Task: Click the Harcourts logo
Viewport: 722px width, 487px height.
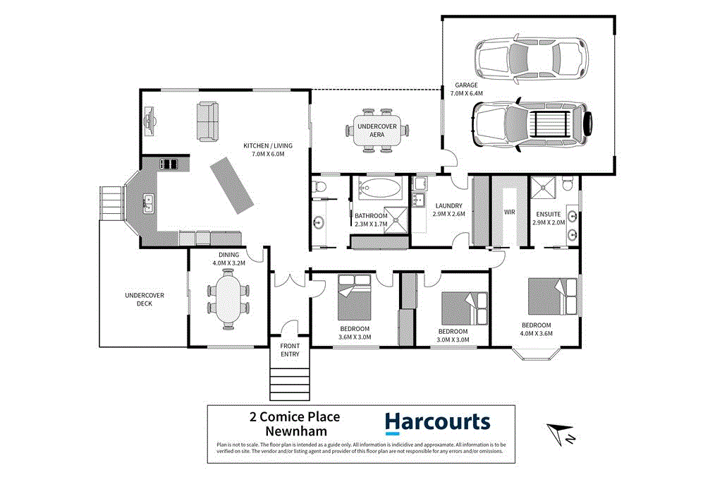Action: pyautogui.click(x=436, y=423)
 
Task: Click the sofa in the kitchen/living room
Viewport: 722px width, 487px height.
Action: pyautogui.click(x=207, y=120)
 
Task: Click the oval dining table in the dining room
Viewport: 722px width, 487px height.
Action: pyautogui.click(x=228, y=301)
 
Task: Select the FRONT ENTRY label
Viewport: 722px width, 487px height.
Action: pyautogui.click(x=290, y=349)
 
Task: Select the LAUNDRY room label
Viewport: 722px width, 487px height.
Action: pyautogui.click(x=448, y=206)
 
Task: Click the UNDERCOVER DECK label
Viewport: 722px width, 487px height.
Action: pyautogui.click(x=144, y=299)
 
